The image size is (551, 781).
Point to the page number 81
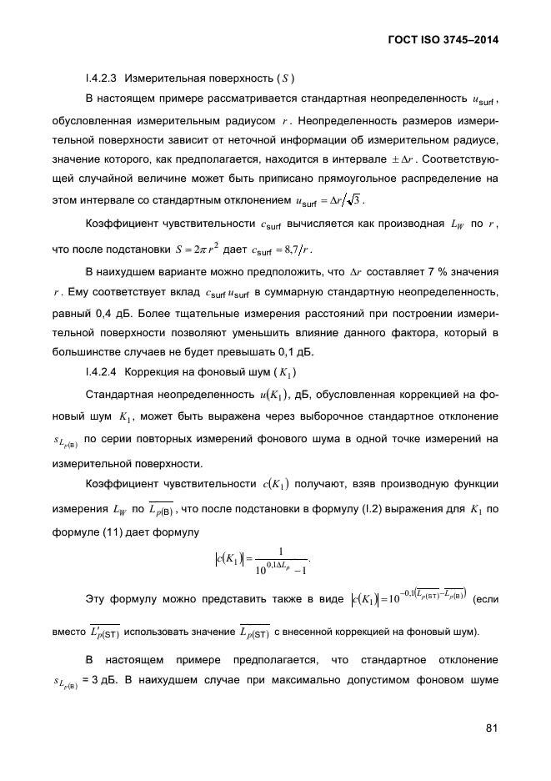(492, 728)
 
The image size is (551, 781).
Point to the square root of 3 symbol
(354, 199)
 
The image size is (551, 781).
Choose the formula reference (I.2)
(393, 508)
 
